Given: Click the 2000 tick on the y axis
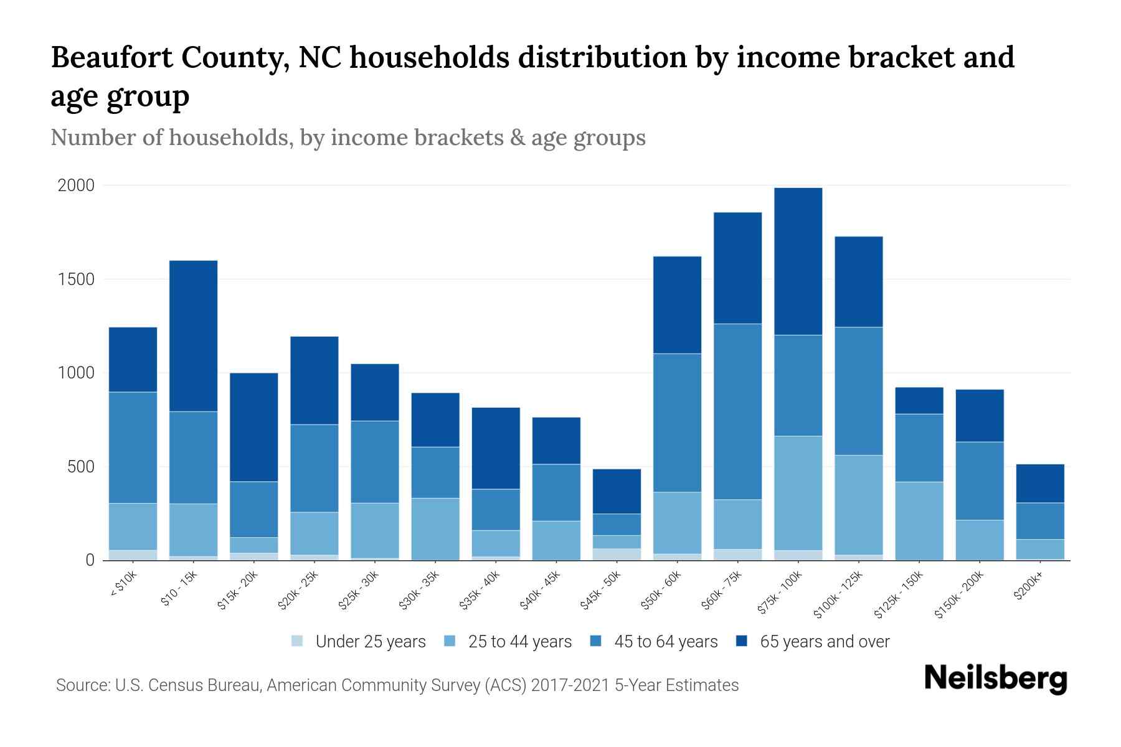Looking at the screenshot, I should (76, 186).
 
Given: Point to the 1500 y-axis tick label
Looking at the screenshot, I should (77, 280).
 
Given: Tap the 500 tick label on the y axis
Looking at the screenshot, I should (81, 467).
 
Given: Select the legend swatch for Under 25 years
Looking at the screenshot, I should (298, 641).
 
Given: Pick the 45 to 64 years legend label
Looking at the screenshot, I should (666, 642).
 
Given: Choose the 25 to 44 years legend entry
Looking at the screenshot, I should (519, 642).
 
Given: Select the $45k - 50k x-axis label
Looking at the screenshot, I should (600, 591).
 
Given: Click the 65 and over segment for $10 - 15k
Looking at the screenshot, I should (193, 336).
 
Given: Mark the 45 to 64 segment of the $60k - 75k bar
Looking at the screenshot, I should (737, 411).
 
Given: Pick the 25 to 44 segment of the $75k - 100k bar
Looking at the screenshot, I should (798, 492).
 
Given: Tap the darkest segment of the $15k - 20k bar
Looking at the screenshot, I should (254, 427).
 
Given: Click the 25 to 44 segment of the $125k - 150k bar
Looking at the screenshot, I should (919, 520).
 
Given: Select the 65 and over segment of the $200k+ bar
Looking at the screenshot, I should (1040, 483).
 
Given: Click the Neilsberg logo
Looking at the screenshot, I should (995, 679).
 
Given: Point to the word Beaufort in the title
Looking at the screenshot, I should (110, 58).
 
